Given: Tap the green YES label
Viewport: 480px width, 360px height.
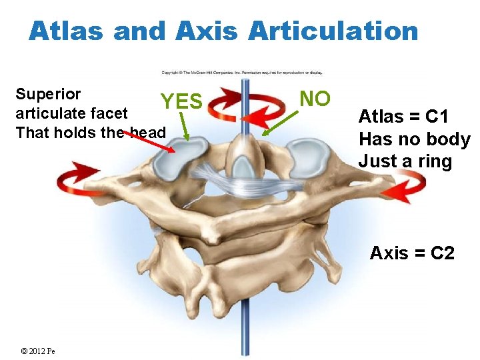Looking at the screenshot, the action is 181,101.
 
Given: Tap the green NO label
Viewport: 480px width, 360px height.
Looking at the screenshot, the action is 315,98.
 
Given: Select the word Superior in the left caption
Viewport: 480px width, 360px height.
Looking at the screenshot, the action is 48,94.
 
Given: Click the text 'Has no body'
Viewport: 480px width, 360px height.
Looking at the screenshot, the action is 414,139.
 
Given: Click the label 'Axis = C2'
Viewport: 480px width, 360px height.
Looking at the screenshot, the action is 412,253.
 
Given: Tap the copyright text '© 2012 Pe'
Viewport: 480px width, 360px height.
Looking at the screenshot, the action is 37,351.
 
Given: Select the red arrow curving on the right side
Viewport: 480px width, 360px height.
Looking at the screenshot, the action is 403,186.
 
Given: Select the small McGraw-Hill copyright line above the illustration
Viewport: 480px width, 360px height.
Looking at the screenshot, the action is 245,73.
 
